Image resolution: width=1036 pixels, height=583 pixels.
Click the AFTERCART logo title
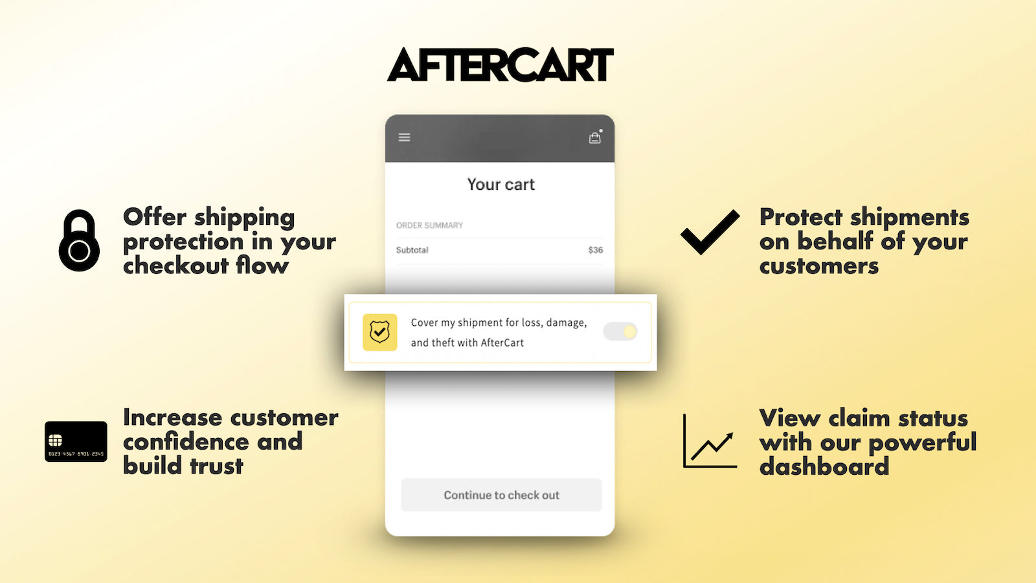point(500,65)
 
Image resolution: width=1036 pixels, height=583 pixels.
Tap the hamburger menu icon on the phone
point(404,137)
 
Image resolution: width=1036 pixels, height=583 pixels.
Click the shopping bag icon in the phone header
point(594,137)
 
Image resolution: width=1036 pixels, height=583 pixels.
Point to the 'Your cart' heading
point(501,185)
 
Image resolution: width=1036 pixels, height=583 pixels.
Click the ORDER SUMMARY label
point(429,225)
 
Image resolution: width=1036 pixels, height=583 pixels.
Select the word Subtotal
point(412,250)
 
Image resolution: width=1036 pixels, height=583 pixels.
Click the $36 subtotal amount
point(595,250)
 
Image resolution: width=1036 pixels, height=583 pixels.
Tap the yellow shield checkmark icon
point(379,332)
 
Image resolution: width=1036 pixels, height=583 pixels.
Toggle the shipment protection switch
point(620,332)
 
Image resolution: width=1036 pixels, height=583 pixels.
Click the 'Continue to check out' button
point(501,495)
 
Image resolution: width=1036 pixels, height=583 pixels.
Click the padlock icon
point(79,240)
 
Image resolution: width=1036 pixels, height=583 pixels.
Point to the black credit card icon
point(76,441)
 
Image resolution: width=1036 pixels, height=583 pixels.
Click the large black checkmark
point(710,232)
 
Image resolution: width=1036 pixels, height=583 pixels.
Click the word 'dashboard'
point(824,466)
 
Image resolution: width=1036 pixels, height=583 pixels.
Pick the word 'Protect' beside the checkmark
point(800,217)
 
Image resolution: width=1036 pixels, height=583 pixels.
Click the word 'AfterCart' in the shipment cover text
point(502,343)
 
